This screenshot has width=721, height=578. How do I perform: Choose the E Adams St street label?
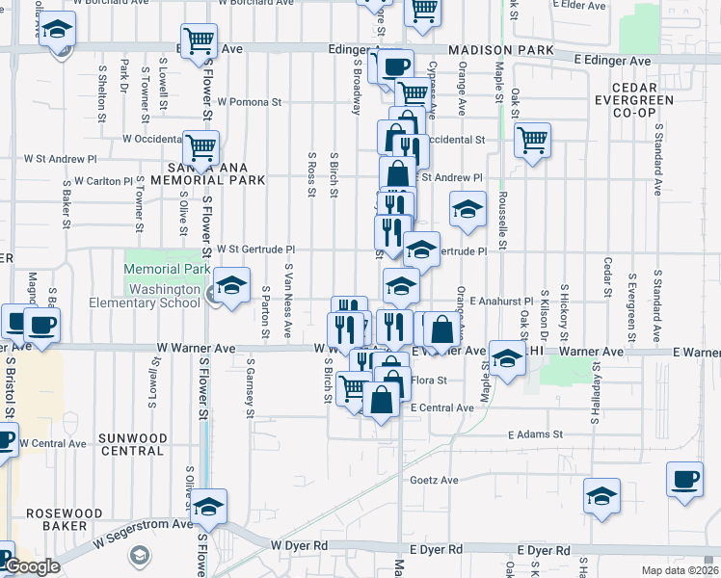coord(536,435)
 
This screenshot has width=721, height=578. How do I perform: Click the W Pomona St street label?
coord(249,101)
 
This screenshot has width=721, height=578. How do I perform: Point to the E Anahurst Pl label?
coord(501,302)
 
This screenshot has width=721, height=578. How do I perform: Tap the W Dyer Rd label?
coord(299,545)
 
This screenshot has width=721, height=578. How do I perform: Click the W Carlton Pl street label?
coord(101,181)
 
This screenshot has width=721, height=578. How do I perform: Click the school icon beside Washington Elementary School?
coord(230,285)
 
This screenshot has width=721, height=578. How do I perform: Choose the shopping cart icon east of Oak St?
coord(532,141)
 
